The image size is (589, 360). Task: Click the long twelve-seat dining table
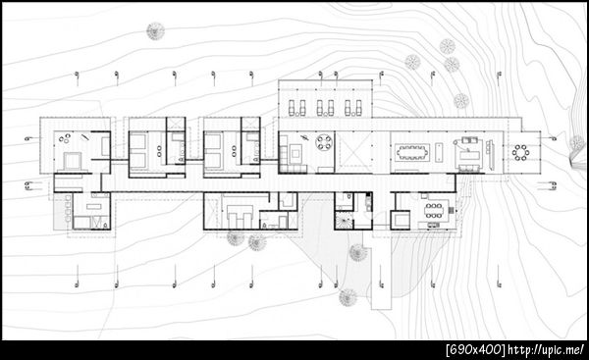tap(412, 152)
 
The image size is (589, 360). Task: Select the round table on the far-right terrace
tap(521, 153)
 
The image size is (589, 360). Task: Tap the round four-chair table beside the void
tap(324, 142)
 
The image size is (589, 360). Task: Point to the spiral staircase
tap(344, 221)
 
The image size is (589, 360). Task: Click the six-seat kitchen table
tap(434, 210)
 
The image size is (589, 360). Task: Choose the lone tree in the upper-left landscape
tap(155, 30)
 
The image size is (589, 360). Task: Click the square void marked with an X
tap(353, 152)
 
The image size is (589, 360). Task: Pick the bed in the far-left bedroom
tap(72, 161)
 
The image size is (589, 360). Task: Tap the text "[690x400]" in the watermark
tap(475, 350)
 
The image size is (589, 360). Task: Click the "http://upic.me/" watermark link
tap(546, 350)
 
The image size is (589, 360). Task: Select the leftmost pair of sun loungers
tap(296, 108)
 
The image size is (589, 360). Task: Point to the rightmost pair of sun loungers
tap(353, 108)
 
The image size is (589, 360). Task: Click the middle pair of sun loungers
tap(325, 108)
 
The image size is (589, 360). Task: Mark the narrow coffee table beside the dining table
tap(439, 152)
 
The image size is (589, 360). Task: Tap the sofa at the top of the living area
tap(469, 140)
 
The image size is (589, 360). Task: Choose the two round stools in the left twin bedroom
tap(159, 151)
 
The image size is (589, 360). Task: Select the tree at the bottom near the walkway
tap(348, 297)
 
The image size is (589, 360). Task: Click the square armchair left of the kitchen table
tap(401, 220)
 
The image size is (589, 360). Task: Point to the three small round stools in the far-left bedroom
tap(64, 138)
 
